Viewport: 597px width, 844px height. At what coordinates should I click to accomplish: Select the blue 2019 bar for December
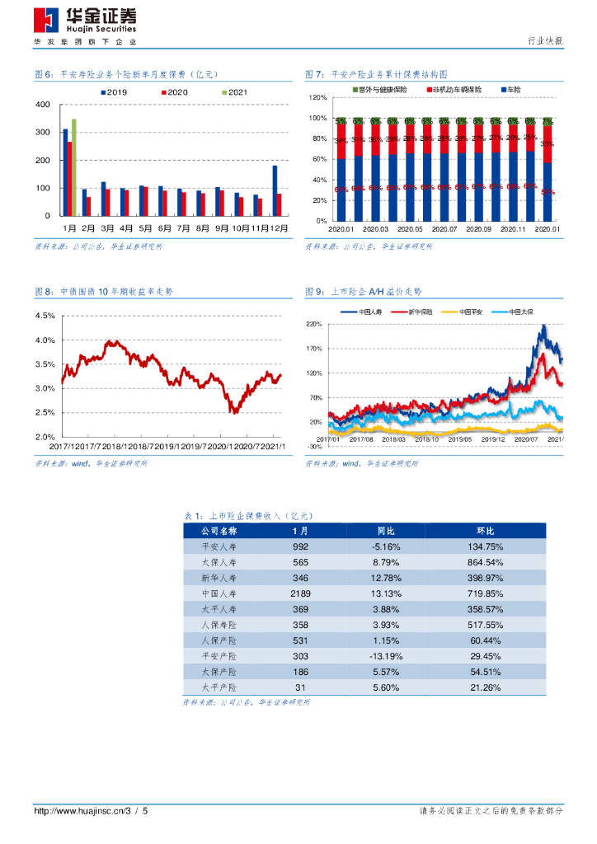[x=275, y=190]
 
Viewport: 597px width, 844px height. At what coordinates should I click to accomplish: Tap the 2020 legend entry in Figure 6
[x=176, y=92]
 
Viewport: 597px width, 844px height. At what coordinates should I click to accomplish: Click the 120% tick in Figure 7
[x=318, y=97]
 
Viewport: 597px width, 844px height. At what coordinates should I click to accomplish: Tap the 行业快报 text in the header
[x=544, y=40]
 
